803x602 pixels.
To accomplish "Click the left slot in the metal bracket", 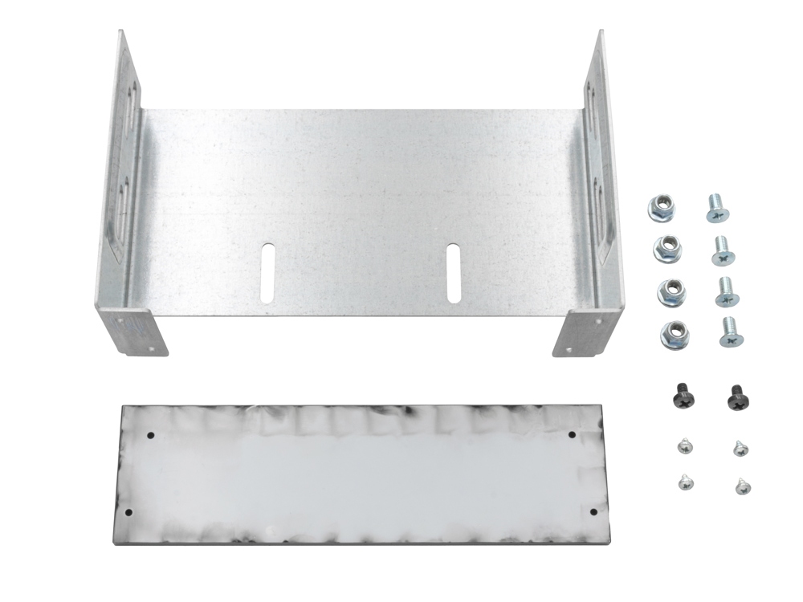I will pyautogui.click(x=267, y=273).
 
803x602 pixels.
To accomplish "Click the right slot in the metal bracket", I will pyautogui.click(x=454, y=273).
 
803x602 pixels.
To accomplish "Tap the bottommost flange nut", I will pyautogui.click(x=675, y=334).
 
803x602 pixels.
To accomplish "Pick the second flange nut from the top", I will pyautogui.click(x=667, y=249).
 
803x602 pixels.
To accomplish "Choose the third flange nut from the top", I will pyautogui.click(x=671, y=291).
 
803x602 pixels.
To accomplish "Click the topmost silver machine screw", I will pyautogui.click(x=716, y=208).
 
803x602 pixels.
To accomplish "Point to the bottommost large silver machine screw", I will pyautogui.click(x=729, y=332).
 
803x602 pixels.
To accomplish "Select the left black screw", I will pyautogui.click(x=681, y=396).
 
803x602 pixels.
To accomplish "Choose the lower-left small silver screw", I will pyautogui.click(x=686, y=482).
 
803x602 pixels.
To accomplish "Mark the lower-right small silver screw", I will pyautogui.click(x=741, y=486).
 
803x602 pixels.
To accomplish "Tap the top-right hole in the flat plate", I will pyautogui.click(x=572, y=435).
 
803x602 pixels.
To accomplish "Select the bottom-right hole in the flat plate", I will pyautogui.click(x=593, y=511).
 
